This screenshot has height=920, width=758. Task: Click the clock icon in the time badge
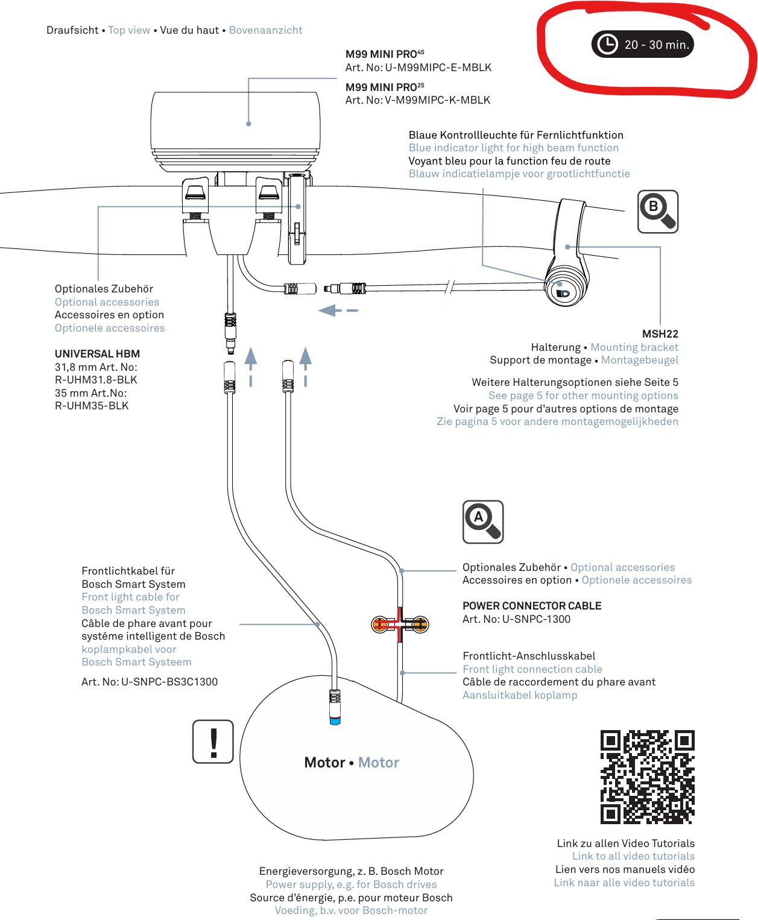607,44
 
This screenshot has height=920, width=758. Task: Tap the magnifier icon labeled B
657,212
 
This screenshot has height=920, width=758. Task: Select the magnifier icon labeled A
482,521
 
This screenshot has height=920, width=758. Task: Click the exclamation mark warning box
213,741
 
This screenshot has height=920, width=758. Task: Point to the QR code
647,777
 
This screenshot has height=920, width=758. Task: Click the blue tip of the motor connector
335,721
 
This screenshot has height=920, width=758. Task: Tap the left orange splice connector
381,625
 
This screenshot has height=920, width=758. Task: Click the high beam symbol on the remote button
563,293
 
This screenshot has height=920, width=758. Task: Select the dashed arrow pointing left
338,310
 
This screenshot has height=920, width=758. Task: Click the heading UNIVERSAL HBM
97,354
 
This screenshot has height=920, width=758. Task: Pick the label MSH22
660,334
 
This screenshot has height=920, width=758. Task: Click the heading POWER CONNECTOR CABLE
532,606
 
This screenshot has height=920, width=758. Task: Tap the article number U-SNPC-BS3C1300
169,682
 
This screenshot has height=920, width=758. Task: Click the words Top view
129,30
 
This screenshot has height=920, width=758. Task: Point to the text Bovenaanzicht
266,30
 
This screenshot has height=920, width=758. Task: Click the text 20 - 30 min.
657,45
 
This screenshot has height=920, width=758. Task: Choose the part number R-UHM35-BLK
92,405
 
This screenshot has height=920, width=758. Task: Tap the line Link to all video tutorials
633,856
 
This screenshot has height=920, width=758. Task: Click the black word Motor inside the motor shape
324,763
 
